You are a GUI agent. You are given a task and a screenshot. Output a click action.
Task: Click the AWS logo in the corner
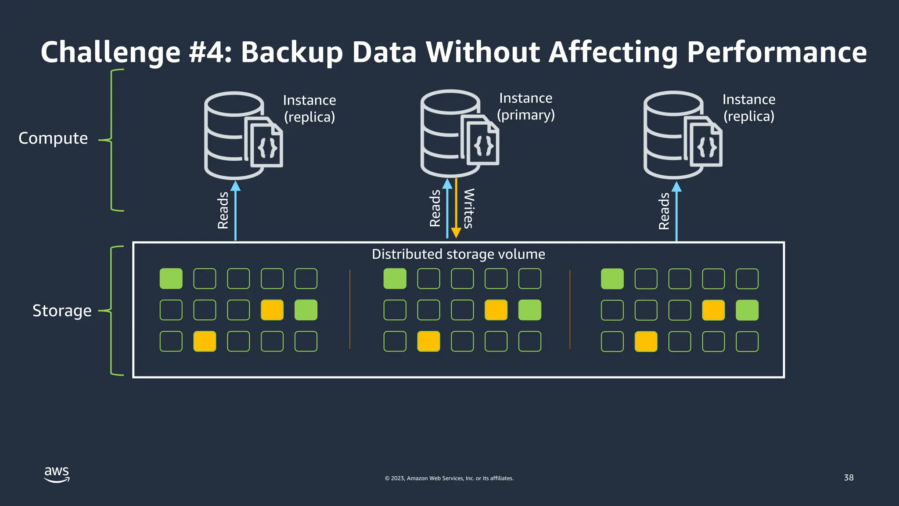pyautogui.click(x=57, y=474)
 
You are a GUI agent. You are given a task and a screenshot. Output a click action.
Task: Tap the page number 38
pyautogui.click(x=849, y=477)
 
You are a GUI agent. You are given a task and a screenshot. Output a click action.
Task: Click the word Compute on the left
pyautogui.click(x=53, y=138)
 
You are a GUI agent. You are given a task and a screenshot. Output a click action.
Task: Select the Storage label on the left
pyautogui.click(x=62, y=311)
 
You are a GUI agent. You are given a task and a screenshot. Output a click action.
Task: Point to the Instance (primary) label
pyautogui.click(x=525, y=106)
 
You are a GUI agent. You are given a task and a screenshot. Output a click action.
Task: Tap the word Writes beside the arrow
pyautogui.click(x=469, y=208)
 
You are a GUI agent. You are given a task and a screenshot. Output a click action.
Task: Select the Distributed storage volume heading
pyautogui.click(x=458, y=254)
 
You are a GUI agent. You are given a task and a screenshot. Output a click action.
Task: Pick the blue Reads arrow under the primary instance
pyautogui.click(x=447, y=209)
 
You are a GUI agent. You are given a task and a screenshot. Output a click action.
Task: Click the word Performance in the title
pyautogui.click(x=777, y=52)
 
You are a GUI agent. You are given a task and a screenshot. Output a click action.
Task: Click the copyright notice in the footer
pyautogui.click(x=449, y=478)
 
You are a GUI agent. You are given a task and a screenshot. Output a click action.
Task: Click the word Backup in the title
pyautogui.click(x=291, y=52)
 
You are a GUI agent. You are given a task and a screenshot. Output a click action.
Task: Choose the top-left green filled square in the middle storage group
pyautogui.click(x=395, y=279)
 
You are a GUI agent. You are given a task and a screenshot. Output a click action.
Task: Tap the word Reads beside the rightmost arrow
pyautogui.click(x=664, y=211)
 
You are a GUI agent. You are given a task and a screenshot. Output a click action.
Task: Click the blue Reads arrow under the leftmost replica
pyautogui.click(x=236, y=211)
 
